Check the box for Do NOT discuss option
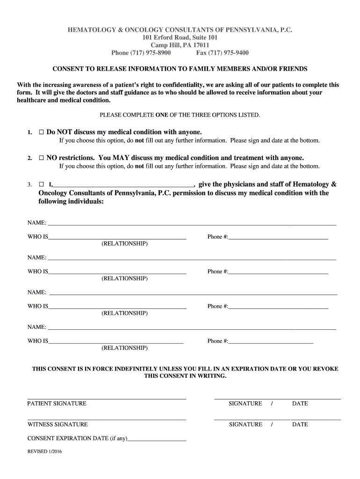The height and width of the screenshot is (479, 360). click(41, 132)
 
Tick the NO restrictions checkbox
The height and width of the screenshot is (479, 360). click(41, 158)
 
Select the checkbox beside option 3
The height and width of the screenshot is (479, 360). click(41, 184)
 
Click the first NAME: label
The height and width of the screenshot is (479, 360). click(36, 223)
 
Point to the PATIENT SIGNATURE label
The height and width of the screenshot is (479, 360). click(57, 403)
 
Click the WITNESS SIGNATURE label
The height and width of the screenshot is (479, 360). click(58, 424)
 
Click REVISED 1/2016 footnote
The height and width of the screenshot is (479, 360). click(44, 452)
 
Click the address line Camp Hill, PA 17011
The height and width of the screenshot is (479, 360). click(180, 45)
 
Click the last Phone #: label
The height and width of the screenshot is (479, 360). click(217, 341)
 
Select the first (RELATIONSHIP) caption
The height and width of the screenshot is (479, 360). click(124, 244)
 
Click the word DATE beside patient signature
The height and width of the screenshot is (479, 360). click(300, 403)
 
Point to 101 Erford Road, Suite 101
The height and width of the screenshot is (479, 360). click(180, 37)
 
